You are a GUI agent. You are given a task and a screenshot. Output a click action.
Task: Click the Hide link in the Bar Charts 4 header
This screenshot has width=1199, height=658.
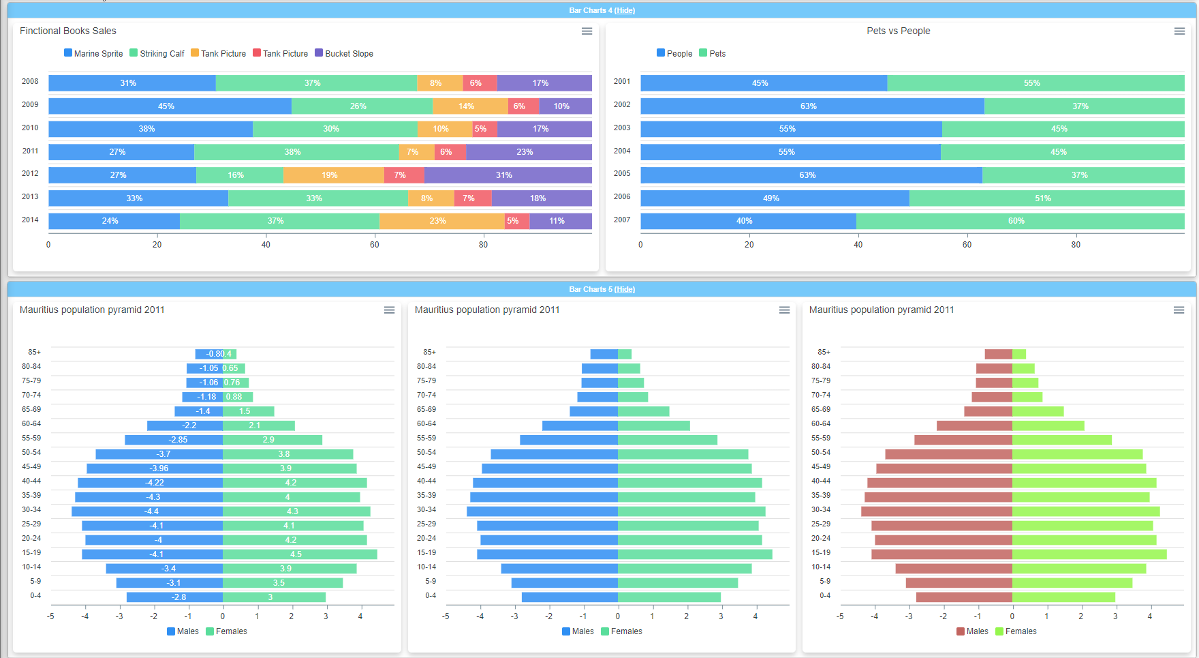click(x=625, y=10)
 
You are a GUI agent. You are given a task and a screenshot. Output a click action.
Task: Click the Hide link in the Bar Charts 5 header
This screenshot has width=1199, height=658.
click(x=625, y=289)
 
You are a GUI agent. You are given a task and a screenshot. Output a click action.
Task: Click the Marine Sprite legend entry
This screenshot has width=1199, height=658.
click(x=93, y=53)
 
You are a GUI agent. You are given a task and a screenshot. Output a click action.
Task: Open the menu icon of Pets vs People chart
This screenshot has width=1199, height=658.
click(x=1179, y=31)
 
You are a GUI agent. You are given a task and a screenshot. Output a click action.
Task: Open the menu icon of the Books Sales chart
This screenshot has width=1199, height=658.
click(x=587, y=31)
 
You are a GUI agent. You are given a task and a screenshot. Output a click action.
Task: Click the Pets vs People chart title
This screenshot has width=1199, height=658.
click(x=898, y=31)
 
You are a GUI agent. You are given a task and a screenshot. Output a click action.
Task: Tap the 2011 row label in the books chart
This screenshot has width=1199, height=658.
click(x=30, y=151)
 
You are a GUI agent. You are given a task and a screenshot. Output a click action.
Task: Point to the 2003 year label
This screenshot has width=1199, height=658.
click(x=622, y=128)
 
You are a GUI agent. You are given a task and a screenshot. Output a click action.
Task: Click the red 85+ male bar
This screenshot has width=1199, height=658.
click(x=998, y=354)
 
